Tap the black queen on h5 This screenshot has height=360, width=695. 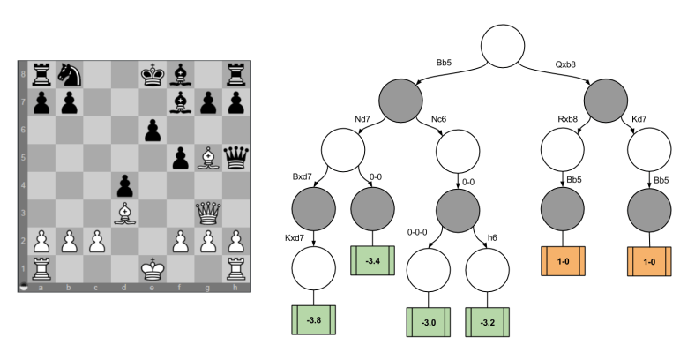233,159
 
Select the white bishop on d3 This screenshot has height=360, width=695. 123,214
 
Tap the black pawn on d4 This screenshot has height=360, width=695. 123,186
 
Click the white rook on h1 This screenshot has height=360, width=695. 233,270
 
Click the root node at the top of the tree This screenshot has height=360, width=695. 509,46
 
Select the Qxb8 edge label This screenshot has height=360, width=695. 567,64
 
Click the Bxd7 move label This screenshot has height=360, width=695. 304,178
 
